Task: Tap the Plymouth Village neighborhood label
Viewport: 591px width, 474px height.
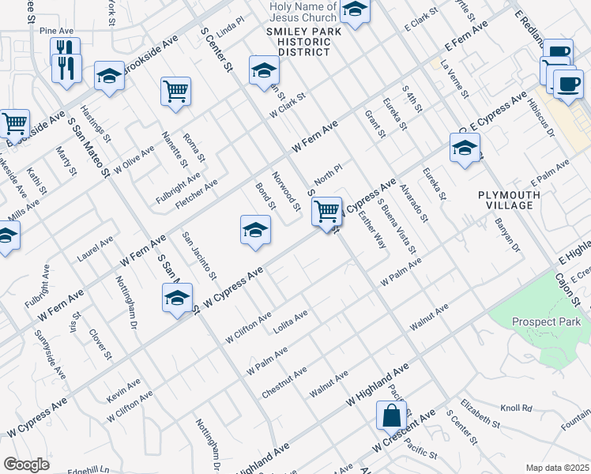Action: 509,200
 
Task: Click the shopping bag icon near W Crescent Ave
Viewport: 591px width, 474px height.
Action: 392,415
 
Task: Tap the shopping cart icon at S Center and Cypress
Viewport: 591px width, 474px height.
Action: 326,211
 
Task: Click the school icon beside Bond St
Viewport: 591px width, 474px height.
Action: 254,230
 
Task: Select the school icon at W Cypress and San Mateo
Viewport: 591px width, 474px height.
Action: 178,299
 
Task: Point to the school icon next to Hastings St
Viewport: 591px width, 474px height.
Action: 109,76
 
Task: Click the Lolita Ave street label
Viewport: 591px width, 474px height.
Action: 290,321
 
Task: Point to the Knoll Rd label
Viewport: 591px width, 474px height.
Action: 516,408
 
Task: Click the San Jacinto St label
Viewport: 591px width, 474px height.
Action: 199,256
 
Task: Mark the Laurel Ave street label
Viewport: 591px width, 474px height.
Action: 95,250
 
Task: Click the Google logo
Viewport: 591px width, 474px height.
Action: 26,465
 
